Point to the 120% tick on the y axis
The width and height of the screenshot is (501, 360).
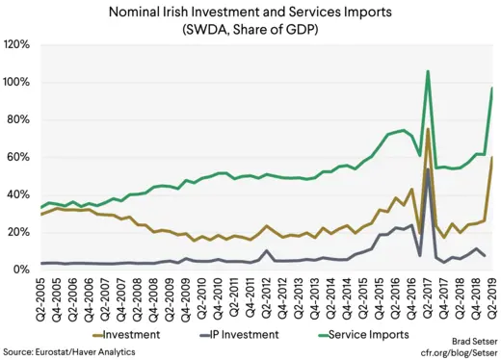17,45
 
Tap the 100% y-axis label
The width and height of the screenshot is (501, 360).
17,83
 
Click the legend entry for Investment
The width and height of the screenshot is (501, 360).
130,334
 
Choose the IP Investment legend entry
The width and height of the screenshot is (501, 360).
249,334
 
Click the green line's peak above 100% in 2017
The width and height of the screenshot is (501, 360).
427,71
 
